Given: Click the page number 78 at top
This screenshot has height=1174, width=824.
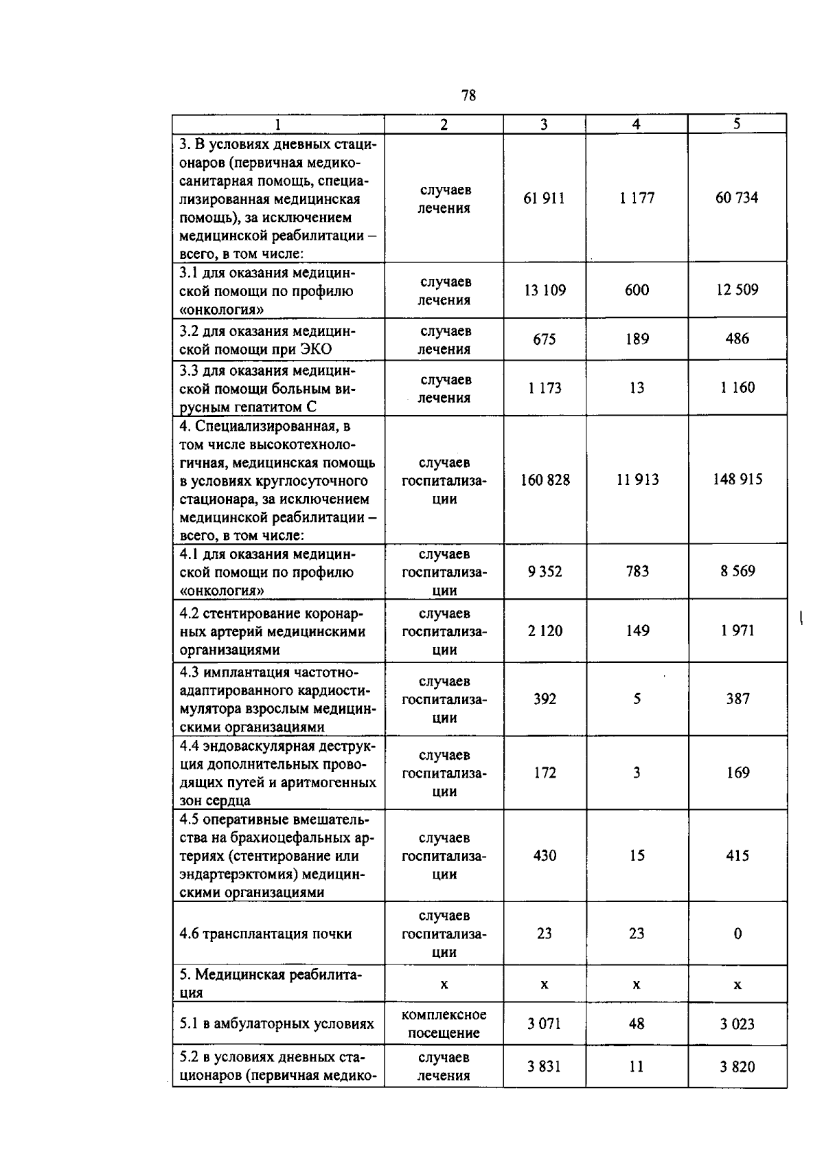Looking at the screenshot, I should coord(469,95).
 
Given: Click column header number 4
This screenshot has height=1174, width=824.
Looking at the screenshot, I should coord(637,124).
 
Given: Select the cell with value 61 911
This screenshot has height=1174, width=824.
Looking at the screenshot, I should coord(544,199).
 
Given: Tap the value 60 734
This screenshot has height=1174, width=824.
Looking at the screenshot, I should coord(737,198).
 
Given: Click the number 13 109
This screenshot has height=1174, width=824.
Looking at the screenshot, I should coord(545,290).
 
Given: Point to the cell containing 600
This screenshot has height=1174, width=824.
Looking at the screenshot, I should coord(637,290).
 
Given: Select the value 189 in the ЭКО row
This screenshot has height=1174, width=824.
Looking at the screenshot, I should coord(637,339).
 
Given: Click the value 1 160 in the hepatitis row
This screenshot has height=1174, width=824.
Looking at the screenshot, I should coord(737,387).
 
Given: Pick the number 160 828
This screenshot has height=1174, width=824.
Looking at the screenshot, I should coord(545,479).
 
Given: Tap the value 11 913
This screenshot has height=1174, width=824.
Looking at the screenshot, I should coord(637,479).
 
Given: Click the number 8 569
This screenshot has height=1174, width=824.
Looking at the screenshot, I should coord(737,571).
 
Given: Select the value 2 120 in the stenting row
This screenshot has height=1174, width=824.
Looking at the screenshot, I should coord(545,631).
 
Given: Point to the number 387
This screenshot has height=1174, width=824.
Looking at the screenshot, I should coord(737,699).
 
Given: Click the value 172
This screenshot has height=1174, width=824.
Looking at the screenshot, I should coord(545,773).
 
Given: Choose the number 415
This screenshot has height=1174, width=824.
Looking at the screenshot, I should coord(737,856).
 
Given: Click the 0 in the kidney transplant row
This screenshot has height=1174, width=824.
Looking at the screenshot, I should coord(737,934).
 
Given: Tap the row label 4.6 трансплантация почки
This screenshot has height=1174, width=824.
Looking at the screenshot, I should coord(265,934).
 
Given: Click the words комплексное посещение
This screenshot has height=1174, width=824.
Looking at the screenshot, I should coord(444,1024).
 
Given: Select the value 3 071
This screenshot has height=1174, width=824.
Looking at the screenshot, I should coord(544,1024).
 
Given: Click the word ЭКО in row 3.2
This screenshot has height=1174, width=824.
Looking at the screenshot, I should coord(316,349).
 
